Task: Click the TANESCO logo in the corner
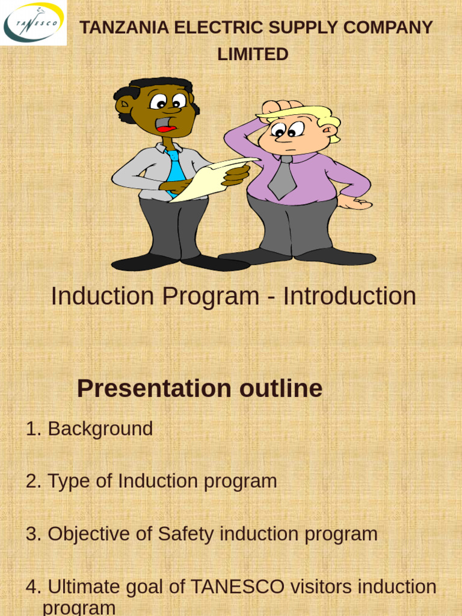pyautogui.click(x=33, y=23)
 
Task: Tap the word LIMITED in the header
pyautogui.click(x=253, y=54)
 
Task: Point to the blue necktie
pyautogui.click(x=176, y=171)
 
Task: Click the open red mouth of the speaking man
pyautogui.click(x=166, y=125)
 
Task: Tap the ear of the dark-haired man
pyautogui.click(x=125, y=105)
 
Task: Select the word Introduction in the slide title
pyautogui.click(x=350, y=296)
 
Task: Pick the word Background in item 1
pyautogui.click(x=100, y=429)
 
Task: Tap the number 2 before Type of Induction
pyautogui.click(x=31, y=481)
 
